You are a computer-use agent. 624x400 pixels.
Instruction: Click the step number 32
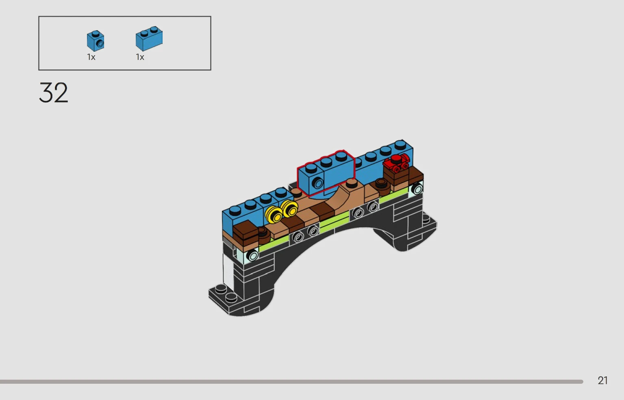[54, 92]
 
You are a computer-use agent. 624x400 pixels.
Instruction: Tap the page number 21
[603, 380]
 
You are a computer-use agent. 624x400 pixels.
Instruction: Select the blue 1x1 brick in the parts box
[96, 41]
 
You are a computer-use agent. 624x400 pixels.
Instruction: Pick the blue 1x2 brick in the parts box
[149, 39]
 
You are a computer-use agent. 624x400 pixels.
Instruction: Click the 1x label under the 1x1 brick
[91, 57]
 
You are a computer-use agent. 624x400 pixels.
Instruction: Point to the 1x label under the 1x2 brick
[140, 57]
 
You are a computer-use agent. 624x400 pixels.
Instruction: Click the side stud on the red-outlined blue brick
[317, 183]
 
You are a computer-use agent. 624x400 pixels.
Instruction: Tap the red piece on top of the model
[396, 163]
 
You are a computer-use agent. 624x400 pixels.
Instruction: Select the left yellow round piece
[274, 214]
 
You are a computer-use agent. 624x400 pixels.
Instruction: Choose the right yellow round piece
[289, 209]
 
